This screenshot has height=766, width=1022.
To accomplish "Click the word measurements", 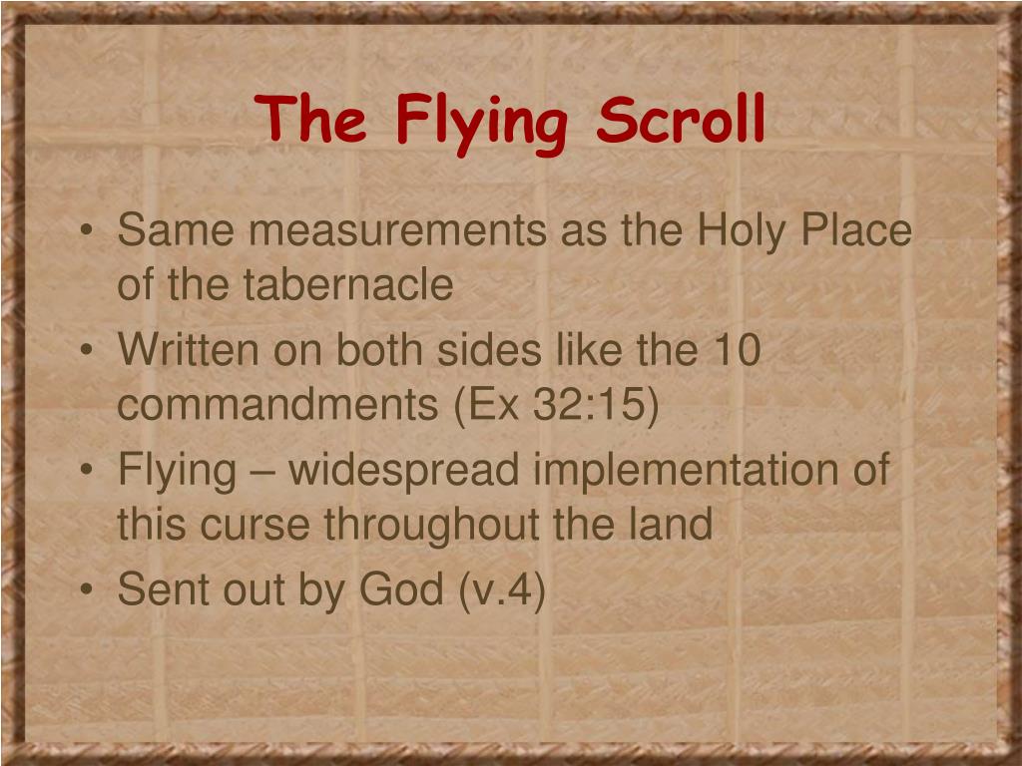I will pos(397,230).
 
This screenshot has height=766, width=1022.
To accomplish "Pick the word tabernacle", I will pos(347,285).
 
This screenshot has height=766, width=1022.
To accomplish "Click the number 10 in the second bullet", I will pos(737,350).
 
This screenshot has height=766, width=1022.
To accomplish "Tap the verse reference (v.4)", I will pos(503,589).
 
